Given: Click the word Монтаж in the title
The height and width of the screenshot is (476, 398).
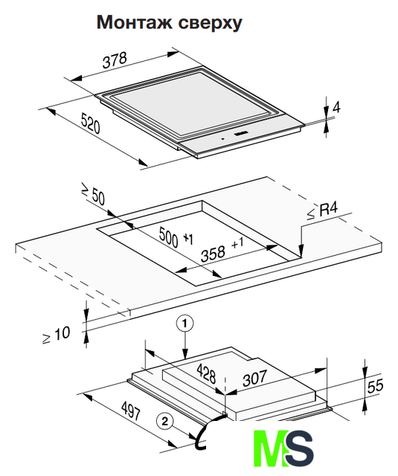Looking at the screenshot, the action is click(x=135, y=22).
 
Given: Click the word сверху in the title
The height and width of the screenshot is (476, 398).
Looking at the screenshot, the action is click(x=211, y=24).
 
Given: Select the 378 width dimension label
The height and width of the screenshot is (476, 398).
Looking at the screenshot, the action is click(x=115, y=60).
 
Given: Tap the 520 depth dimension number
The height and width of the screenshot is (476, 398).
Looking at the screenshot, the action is click(x=91, y=123).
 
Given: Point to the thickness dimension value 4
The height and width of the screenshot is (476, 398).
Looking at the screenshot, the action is click(x=337, y=107).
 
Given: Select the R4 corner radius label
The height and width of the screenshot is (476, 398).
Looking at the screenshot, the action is click(x=322, y=210).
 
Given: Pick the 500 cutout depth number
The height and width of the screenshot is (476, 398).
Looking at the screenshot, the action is click(x=168, y=237).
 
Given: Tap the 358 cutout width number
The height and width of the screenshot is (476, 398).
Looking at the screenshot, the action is click(x=213, y=254).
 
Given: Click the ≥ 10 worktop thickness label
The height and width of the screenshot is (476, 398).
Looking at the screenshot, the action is click(x=56, y=335).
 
